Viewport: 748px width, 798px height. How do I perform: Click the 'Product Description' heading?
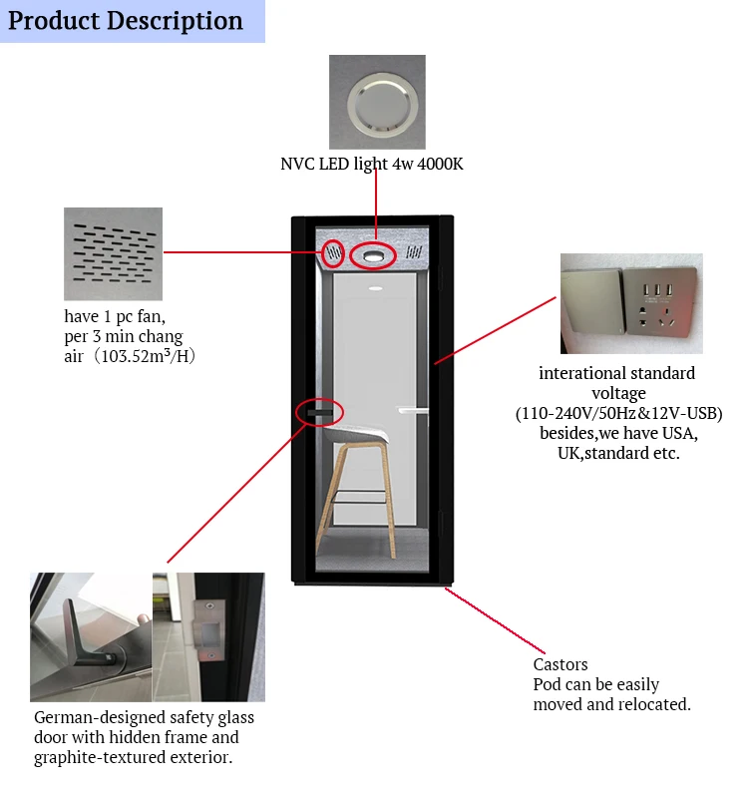tap(126, 21)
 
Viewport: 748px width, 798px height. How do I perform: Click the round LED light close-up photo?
tap(377, 102)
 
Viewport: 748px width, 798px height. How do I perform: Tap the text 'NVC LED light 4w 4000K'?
tap(371, 164)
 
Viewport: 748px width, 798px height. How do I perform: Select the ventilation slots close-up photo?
tap(113, 253)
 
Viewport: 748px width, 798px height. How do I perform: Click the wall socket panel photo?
tap(630, 303)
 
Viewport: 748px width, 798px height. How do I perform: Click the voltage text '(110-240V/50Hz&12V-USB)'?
tap(618, 413)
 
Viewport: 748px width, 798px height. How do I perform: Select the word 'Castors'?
tap(561, 664)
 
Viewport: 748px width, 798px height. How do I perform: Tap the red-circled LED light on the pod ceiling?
tap(375, 256)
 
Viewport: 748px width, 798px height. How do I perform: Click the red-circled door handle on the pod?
tap(320, 412)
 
